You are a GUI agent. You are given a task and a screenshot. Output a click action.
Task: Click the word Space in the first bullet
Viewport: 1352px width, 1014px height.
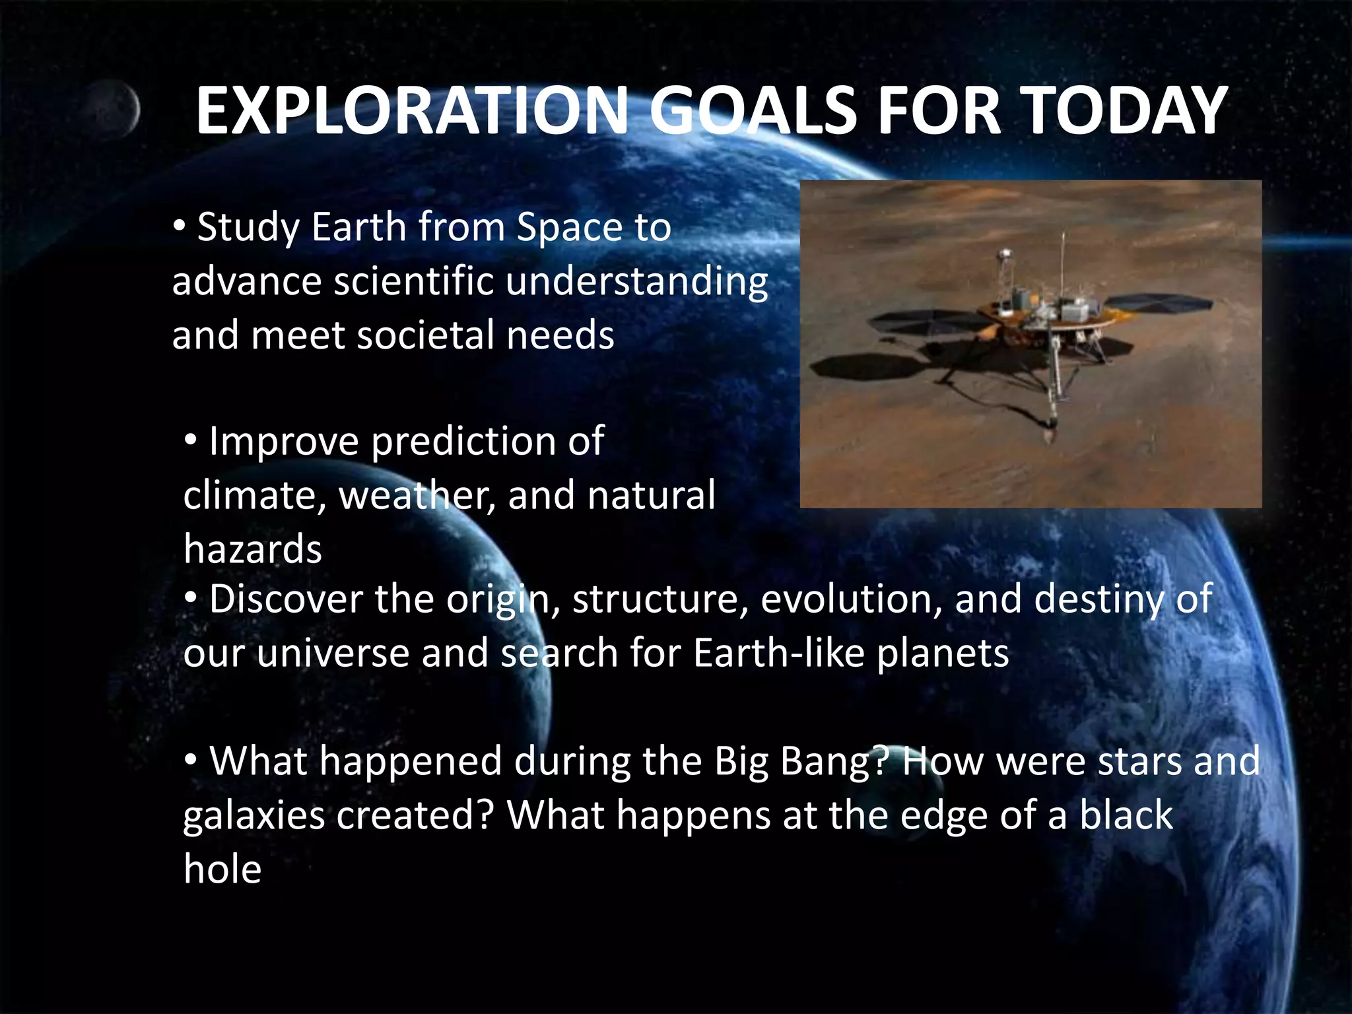tap(569, 228)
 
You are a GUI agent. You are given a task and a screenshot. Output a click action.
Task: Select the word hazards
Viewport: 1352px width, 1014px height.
tap(253, 549)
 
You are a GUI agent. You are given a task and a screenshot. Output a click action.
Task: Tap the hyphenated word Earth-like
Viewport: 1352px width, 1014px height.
tap(779, 654)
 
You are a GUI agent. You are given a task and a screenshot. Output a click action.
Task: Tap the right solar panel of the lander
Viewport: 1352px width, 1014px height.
tap(1159, 303)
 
